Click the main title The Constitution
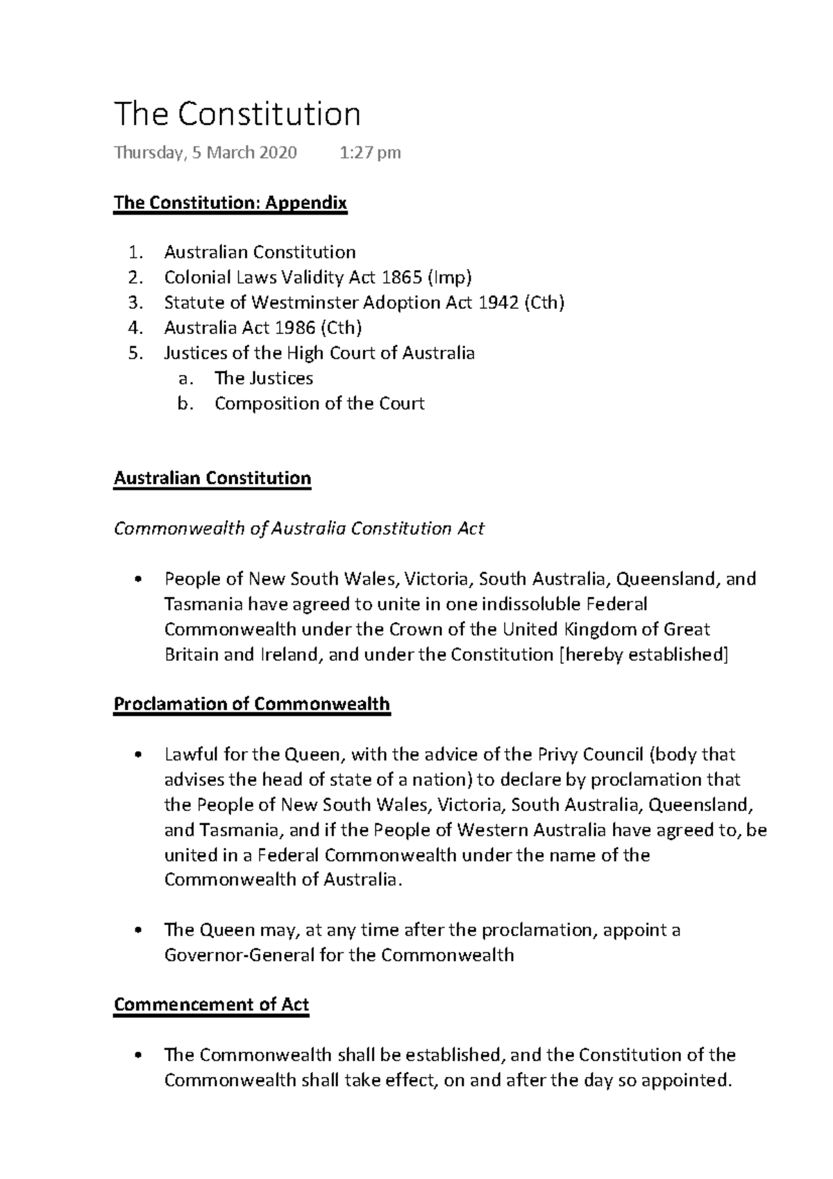pos(237,115)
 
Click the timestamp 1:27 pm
pos(370,153)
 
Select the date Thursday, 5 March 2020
pos(205,153)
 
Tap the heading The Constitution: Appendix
pos(230,203)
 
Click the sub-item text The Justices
pos(264,378)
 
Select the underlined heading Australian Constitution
pos(212,478)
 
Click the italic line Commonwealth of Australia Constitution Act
pos(298,529)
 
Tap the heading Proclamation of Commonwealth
pos(251,704)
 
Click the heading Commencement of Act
pos(211,1005)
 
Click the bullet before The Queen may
pos(139,930)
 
